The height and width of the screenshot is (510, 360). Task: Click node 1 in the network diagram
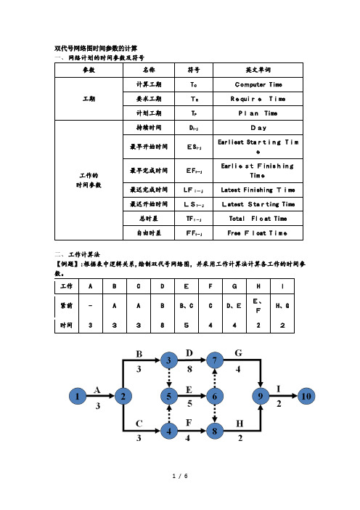pyautogui.click(x=78, y=396)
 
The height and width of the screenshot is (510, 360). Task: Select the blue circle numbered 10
pyautogui.click(x=306, y=396)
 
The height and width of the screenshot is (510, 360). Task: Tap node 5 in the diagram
pyautogui.click(x=169, y=396)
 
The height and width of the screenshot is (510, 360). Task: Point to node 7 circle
pyautogui.click(x=214, y=360)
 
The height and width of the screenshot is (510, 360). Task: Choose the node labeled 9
pyautogui.click(x=261, y=396)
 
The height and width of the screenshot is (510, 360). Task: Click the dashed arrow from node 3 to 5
pyautogui.click(x=169, y=378)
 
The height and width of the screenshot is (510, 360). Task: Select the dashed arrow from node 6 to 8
pyautogui.click(x=214, y=413)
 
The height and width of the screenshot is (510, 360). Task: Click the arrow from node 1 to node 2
pyautogui.click(x=100, y=396)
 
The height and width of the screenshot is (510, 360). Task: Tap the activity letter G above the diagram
pyautogui.click(x=239, y=353)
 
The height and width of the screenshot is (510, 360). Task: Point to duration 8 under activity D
pyautogui.click(x=189, y=369)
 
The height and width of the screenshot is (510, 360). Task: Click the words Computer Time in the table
pyautogui.click(x=258, y=84)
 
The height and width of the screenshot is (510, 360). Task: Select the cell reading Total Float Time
pyautogui.click(x=258, y=219)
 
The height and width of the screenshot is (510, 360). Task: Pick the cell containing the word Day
pyautogui.click(x=258, y=128)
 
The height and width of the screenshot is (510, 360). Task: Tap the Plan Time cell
pyautogui.click(x=258, y=113)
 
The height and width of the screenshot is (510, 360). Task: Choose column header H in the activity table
pyautogui.click(x=258, y=286)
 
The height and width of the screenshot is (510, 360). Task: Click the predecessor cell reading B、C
pyautogui.click(x=187, y=306)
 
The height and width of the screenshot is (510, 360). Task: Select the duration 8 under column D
pyautogui.click(x=163, y=325)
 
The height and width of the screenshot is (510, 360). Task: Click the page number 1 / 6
pyautogui.click(x=180, y=476)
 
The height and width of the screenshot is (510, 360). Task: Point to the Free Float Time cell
pyautogui.click(x=258, y=233)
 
